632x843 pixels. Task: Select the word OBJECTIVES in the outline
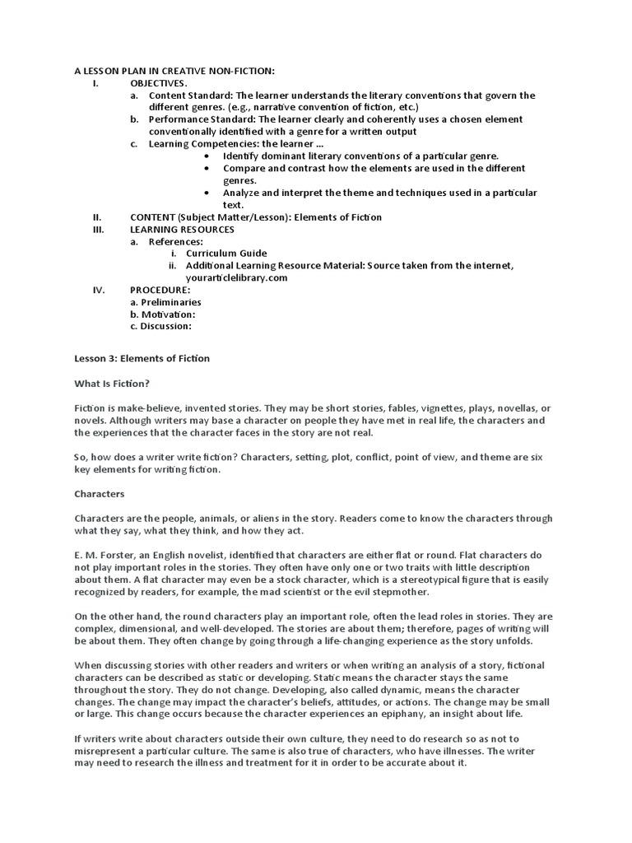(159, 83)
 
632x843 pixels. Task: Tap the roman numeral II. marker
(96, 217)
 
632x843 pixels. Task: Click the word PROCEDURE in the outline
(160, 290)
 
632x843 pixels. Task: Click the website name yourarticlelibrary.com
(236, 277)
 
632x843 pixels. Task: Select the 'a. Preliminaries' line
(165, 302)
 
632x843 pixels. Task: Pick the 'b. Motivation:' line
(163, 314)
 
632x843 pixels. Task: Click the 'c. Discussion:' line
(161, 326)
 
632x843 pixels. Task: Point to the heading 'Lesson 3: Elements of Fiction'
(142, 358)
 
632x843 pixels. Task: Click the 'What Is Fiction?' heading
(112, 383)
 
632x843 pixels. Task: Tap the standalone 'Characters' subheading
(100, 494)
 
